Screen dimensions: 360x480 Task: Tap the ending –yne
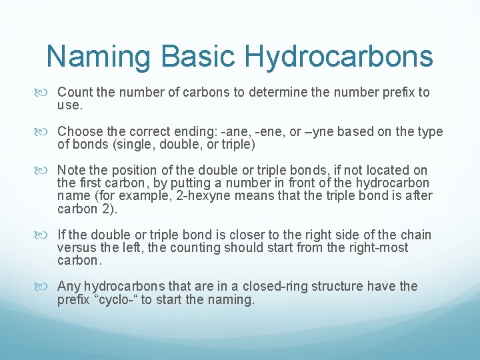point(305,131)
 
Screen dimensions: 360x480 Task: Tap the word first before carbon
point(90,183)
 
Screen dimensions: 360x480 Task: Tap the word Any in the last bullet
point(69,286)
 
